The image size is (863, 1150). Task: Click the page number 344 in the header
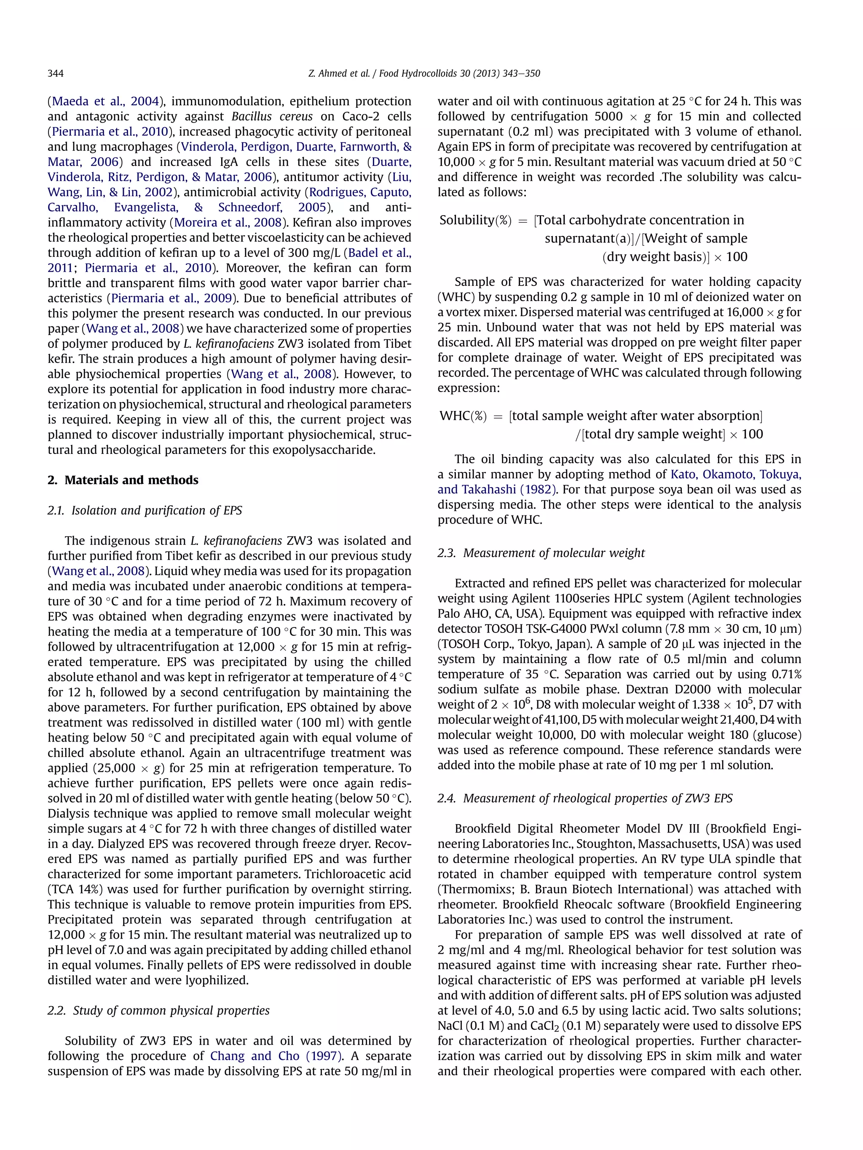tap(56, 73)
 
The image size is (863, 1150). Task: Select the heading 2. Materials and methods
tap(123, 480)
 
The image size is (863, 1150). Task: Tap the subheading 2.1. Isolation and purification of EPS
tap(145, 510)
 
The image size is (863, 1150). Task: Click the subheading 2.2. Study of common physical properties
tap(159, 1011)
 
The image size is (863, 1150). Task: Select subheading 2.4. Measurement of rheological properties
tap(585, 798)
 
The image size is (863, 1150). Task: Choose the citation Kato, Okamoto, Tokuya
tap(736, 474)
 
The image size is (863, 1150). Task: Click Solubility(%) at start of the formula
tap(475, 220)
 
